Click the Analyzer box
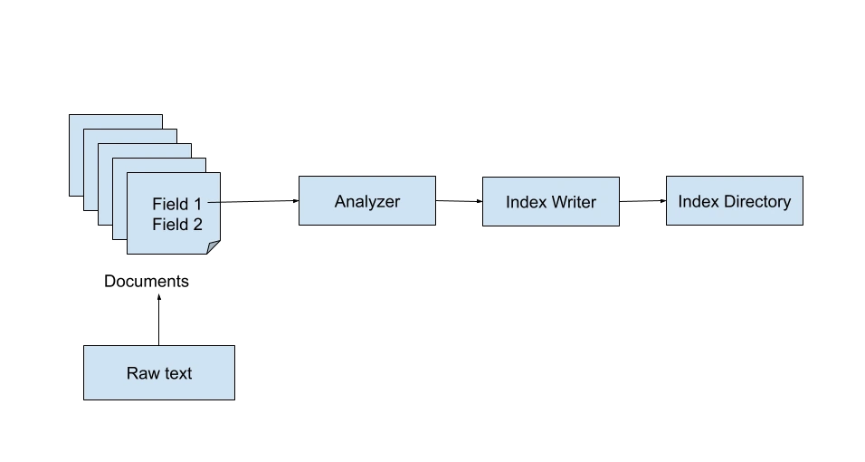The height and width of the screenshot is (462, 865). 368,200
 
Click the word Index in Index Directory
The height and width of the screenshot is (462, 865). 698,201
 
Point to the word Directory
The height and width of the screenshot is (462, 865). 756,201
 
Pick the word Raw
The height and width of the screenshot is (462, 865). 142,373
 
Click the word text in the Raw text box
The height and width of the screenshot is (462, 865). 176,373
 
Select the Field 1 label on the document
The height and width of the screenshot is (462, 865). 176,204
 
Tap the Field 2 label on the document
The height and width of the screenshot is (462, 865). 176,225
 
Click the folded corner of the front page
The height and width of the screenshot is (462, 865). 214,246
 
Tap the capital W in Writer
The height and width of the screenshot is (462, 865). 556,202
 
